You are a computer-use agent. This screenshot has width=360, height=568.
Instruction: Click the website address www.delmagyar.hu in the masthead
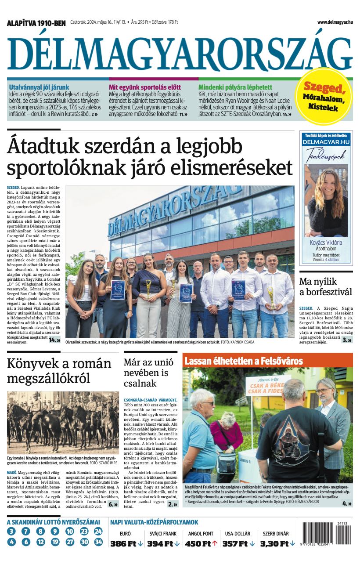[335, 22]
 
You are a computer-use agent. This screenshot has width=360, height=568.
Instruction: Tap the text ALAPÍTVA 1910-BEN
[36, 23]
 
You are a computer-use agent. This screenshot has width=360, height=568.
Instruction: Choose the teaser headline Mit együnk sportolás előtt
[141, 87]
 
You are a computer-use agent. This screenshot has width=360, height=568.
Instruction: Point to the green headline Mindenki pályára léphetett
[235, 87]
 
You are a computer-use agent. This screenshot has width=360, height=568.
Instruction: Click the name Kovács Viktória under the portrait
[326, 242]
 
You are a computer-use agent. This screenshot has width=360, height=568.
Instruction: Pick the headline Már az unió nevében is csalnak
[146, 373]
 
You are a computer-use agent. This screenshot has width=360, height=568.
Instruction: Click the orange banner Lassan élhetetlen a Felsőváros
[244, 361]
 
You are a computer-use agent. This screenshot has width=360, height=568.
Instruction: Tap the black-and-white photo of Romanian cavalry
[63, 422]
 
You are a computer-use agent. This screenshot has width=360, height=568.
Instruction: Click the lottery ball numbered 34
[98, 542]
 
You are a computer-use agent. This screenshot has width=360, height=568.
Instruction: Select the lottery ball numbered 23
[84, 532]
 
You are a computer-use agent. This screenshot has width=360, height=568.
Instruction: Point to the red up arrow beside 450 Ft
[215, 543]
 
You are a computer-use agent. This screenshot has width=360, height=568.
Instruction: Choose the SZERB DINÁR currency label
[276, 534]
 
